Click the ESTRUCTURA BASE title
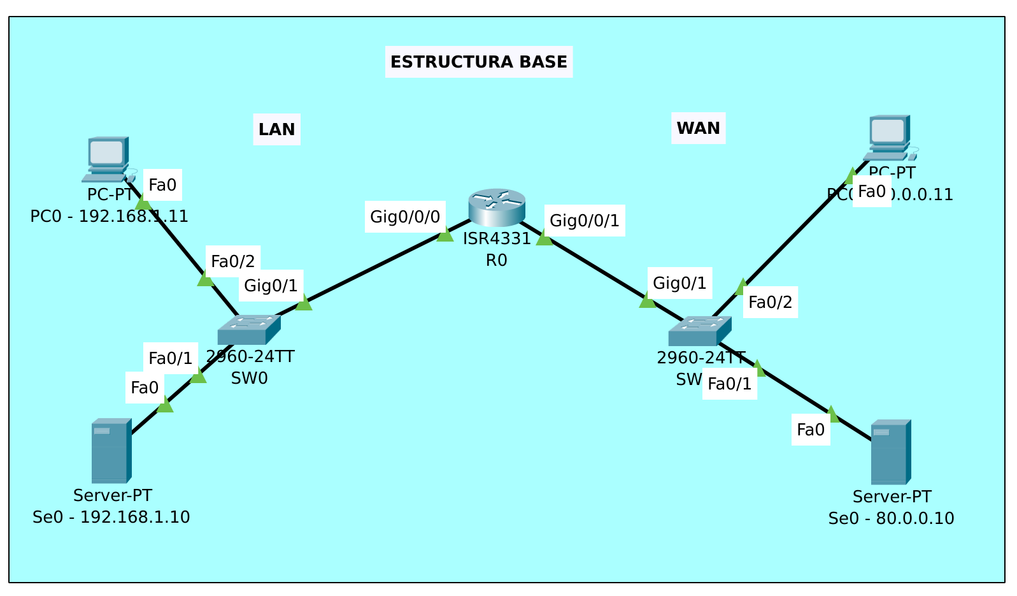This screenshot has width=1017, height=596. tap(478, 62)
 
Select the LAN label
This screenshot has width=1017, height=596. tap(276, 129)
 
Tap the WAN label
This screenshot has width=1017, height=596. tap(698, 128)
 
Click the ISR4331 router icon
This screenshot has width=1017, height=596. tap(497, 207)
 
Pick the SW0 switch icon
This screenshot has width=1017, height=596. tap(249, 330)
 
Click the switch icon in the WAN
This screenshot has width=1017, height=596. tap(699, 331)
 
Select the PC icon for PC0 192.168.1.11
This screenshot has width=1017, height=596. tap(107, 159)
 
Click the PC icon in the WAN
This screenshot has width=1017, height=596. tap(888, 137)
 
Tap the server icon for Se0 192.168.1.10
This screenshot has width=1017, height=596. tap(111, 451)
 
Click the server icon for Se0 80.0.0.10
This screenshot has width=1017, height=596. tap(890, 452)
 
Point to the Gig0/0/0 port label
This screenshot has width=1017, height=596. tap(405, 217)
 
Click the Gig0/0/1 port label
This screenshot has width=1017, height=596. tap(584, 221)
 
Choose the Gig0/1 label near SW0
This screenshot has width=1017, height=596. tap(271, 286)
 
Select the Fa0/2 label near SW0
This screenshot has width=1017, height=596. tap(232, 261)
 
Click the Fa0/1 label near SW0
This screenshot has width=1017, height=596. tap(170, 358)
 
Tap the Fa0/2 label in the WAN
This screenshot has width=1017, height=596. tap(770, 302)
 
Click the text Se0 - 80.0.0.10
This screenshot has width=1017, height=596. tap(891, 519)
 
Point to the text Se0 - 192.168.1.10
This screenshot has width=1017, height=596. tap(111, 517)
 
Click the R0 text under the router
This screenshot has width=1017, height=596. tap(496, 260)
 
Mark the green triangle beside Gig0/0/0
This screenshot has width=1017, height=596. tap(445, 235)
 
